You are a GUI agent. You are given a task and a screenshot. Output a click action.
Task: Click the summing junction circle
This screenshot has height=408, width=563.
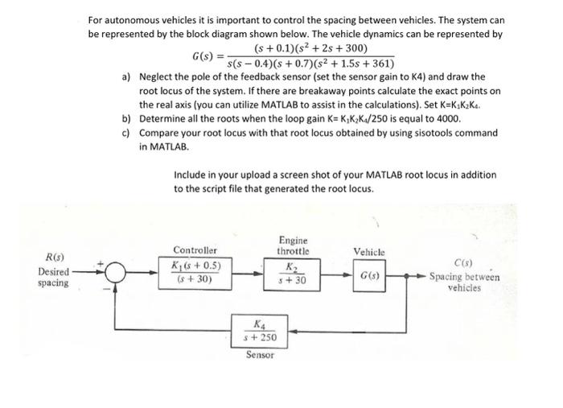[114, 274]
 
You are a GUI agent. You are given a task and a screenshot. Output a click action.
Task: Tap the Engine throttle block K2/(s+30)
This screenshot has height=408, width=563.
[286, 274]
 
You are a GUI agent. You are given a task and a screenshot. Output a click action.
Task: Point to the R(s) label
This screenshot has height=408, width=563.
[55, 258]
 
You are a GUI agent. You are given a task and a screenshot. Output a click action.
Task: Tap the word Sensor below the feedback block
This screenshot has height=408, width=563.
[260, 354]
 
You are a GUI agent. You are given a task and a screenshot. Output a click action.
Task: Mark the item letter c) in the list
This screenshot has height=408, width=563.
[126, 133]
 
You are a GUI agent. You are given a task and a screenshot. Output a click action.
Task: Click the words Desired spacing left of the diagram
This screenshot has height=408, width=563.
[55, 278]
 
